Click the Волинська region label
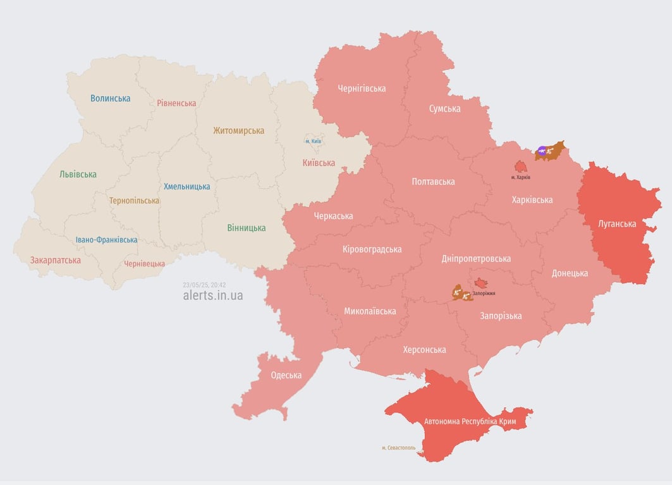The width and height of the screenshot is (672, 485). click(110, 99)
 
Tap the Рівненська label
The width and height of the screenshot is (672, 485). click(176, 103)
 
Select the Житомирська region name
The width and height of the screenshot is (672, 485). click(238, 131)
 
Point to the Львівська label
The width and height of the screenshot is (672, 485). click(78, 174)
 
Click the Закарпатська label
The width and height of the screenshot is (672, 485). click(56, 260)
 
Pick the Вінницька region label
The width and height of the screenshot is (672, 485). click(247, 228)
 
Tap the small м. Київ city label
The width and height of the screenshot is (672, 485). click(314, 141)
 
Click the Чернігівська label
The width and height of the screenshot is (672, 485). click(362, 88)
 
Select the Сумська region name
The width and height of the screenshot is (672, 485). click(444, 109)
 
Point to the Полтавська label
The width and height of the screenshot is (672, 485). click(433, 182)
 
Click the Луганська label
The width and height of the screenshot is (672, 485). click(617, 224)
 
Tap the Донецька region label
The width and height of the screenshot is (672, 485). click(570, 273)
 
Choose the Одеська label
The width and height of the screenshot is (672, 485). click(286, 375)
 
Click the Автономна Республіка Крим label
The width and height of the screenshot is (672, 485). click(470, 421)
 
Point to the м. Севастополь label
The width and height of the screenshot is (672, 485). click(398, 448)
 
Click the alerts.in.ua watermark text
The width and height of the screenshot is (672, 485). click(212, 295)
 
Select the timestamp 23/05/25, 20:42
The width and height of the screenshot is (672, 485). click(204, 284)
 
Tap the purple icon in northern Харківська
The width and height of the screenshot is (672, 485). click(542, 151)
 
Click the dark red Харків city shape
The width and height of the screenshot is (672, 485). click(521, 167)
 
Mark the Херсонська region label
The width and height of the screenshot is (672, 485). click(424, 350)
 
